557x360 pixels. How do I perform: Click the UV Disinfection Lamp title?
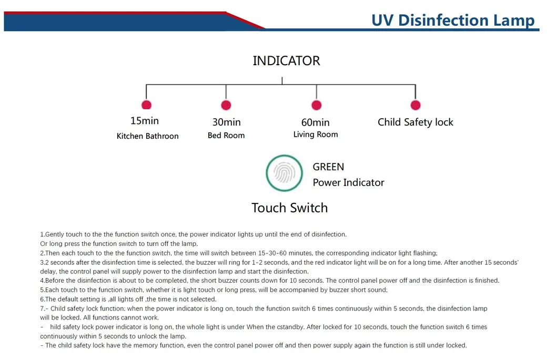click(x=453, y=20)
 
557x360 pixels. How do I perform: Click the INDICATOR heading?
click(x=286, y=61)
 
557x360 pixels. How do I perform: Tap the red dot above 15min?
click(x=146, y=105)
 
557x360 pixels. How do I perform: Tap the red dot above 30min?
click(x=226, y=105)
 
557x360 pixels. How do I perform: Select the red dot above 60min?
click(x=316, y=105)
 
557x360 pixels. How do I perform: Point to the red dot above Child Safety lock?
click(x=416, y=105)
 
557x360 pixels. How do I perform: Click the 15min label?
click(x=145, y=121)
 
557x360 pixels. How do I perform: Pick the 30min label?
click(x=226, y=122)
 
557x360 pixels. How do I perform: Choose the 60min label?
click(x=315, y=122)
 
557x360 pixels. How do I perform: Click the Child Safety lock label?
click(x=415, y=122)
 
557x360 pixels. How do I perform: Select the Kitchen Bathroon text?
click(x=147, y=136)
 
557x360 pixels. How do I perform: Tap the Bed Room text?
click(x=226, y=136)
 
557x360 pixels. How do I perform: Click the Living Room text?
click(x=316, y=135)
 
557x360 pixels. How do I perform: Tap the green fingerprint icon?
click(x=285, y=173)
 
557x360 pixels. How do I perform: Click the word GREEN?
click(x=328, y=167)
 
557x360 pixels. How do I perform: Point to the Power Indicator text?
click(x=348, y=183)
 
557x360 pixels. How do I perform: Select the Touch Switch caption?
click(x=289, y=208)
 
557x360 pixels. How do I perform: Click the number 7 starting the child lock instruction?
click(x=42, y=308)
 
